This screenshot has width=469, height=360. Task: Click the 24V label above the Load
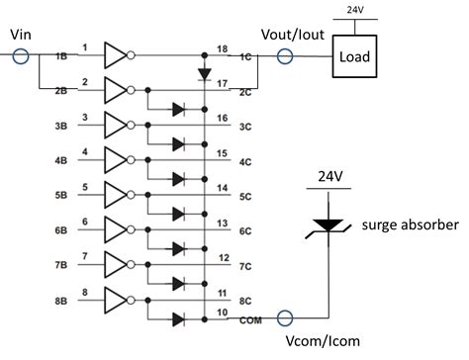tap(350, 10)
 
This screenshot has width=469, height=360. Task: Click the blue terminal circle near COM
tap(285, 318)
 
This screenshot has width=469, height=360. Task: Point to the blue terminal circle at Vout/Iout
tap(285, 56)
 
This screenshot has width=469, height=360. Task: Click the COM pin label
tap(248, 319)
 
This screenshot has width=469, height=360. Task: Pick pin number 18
tap(224, 47)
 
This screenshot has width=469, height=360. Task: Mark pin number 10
tap(224, 313)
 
